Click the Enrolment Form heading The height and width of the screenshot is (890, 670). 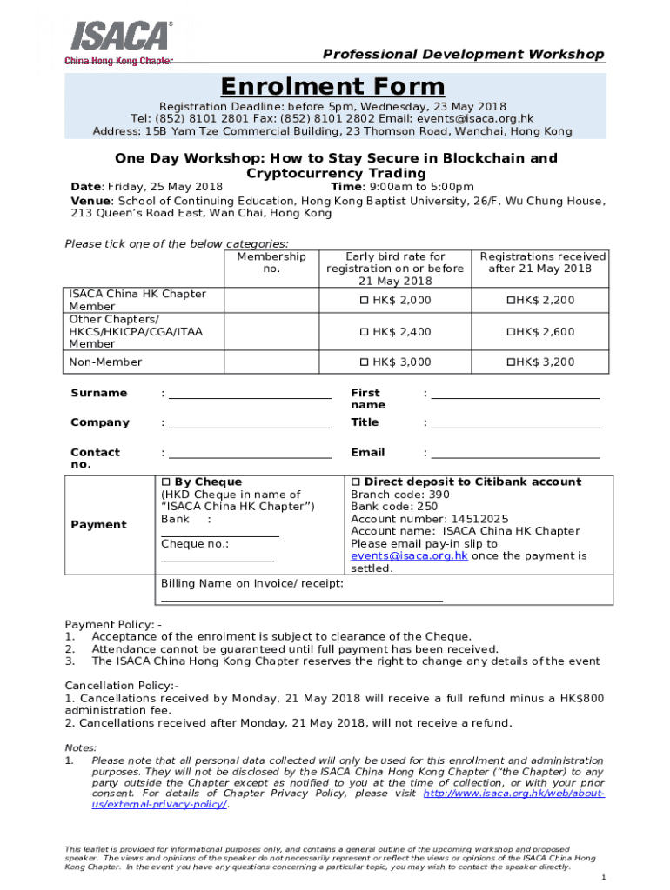point(332,87)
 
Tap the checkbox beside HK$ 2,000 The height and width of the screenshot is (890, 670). point(365,301)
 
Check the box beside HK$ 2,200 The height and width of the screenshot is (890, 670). point(511,301)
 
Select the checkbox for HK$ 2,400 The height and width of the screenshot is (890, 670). point(365,332)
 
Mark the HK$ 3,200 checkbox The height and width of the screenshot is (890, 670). point(511,362)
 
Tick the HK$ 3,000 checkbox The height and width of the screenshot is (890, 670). point(365,362)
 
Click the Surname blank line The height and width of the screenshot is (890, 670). point(250,397)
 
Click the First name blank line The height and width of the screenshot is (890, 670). point(515,397)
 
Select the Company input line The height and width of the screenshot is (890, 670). point(250,427)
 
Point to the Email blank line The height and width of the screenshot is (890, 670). point(515,456)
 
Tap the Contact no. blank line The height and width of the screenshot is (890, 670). point(250,456)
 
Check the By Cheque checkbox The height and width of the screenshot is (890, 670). point(166,482)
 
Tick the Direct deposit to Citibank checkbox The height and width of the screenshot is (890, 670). point(355,482)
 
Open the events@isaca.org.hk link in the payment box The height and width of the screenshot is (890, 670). point(409,556)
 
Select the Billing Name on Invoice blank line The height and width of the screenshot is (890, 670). point(302,600)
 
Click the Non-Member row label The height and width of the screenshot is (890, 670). point(105,362)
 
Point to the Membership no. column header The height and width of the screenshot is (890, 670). point(271,262)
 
